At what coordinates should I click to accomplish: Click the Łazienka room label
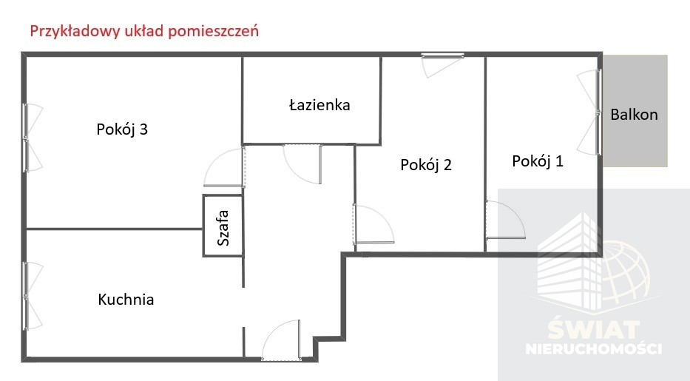pos(319,105)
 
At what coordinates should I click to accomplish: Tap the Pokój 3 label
pos(122,129)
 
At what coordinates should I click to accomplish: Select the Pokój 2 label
pos(426,164)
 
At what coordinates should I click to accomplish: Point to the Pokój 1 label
pos(538,161)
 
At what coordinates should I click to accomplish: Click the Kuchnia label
pos(126,299)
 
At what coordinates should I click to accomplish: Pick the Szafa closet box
pos(223,226)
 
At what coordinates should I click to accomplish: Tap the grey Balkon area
pos(635,111)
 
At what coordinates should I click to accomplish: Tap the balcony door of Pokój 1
pos(589,112)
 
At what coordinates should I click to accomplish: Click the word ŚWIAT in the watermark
pos(594,329)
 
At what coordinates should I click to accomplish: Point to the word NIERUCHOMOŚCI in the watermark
pos(594,349)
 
